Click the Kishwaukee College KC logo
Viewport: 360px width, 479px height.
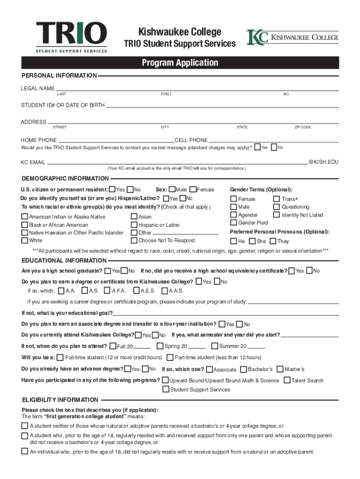[292, 37]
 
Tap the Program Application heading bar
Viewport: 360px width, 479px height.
[180, 63]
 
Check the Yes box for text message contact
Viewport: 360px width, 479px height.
[257, 147]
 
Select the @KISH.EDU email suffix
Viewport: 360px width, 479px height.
[323, 162]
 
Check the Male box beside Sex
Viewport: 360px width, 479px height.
[172, 189]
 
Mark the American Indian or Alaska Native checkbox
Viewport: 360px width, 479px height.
[25, 217]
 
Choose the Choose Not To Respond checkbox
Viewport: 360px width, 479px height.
[134, 240]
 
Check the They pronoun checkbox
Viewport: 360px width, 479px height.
[273, 241]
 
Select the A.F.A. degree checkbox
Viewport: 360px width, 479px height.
[108, 290]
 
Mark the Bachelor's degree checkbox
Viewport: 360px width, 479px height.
[244, 369]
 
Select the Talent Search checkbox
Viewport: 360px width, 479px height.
[287, 380]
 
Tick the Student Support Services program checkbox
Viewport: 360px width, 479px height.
[166, 389]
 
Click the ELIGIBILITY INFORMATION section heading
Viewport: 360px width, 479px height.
[60, 400]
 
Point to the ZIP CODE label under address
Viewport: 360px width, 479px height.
[302, 127]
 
